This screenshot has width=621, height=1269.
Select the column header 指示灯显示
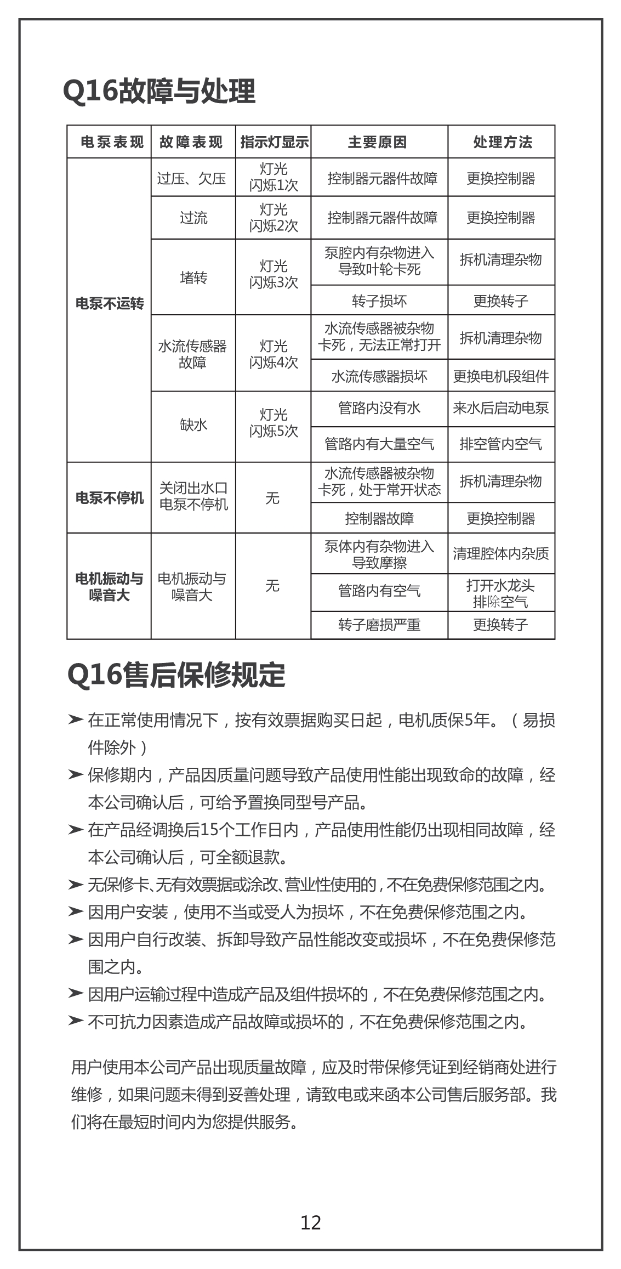[274, 142]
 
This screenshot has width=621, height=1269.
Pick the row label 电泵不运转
[109, 303]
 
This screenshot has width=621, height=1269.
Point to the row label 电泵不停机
[109, 498]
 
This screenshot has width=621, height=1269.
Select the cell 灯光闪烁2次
[274, 218]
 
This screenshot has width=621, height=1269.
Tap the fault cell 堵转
[193, 278]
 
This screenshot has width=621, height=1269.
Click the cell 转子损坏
[379, 301]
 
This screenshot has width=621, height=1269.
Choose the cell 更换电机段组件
[501, 376]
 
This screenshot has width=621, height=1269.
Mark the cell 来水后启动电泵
[501, 408]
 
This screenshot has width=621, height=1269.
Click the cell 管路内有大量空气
[379, 444]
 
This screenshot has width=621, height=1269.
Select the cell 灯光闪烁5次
[274, 423]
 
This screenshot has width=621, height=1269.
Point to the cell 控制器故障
[379, 518]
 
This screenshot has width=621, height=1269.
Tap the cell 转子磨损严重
[379, 625]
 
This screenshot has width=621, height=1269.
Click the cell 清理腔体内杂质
[501, 553]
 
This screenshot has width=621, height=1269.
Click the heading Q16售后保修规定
[176, 675]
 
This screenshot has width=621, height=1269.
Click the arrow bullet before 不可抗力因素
[75, 1021]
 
